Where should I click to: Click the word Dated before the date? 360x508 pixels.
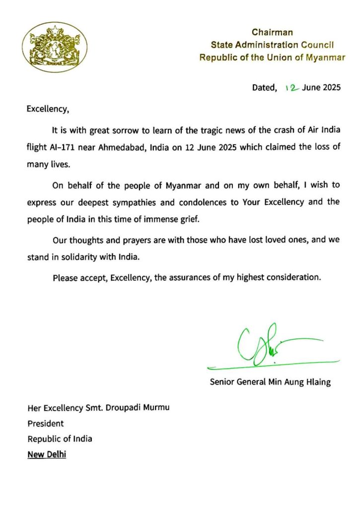pyautogui.click(x=264, y=88)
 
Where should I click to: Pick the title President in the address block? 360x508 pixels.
pyautogui.click(x=45, y=424)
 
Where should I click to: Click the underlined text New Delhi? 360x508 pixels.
pyautogui.click(x=47, y=454)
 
